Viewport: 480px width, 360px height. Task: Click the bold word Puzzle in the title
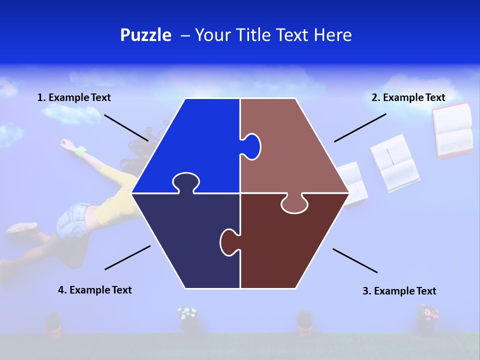coord(145,35)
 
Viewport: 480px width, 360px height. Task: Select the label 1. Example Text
coord(74,98)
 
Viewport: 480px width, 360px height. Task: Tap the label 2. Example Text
coord(408,98)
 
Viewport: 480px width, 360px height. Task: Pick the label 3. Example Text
coord(399,291)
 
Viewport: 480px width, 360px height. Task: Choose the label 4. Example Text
coord(95,290)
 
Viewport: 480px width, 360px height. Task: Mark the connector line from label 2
coord(360,127)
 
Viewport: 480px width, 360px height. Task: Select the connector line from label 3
coord(355,260)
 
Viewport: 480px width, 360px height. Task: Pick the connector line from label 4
coord(127,257)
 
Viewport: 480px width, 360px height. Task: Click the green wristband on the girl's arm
coord(80,150)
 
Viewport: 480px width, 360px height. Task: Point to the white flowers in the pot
coord(187,314)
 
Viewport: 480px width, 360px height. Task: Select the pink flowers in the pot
coord(427,313)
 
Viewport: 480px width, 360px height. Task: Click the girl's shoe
coord(22,228)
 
